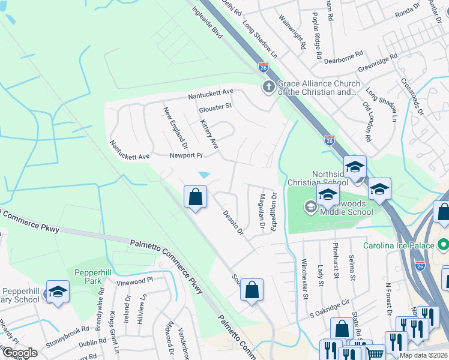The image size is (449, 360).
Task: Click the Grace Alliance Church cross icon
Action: point(268,88)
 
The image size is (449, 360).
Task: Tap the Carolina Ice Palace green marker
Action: point(443,245)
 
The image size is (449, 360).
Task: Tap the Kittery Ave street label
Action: point(209,134)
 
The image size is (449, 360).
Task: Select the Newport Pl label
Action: point(186,155)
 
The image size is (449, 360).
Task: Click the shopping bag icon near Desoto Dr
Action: point(196,197)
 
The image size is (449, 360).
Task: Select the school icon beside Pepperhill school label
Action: point(58,292)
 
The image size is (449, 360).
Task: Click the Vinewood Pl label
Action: point(135,280)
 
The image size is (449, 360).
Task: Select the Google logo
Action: point(19,353)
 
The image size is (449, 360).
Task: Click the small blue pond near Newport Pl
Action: point(204,175)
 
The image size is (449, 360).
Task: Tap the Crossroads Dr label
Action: point(412,97)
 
